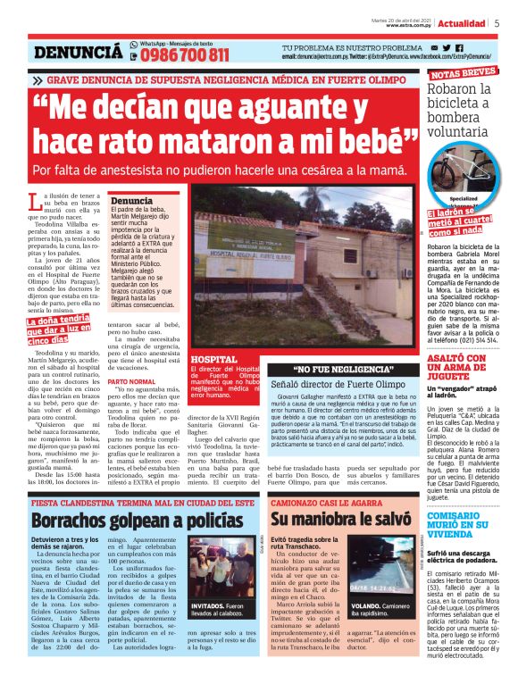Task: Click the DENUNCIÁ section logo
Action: click(78, 54)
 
